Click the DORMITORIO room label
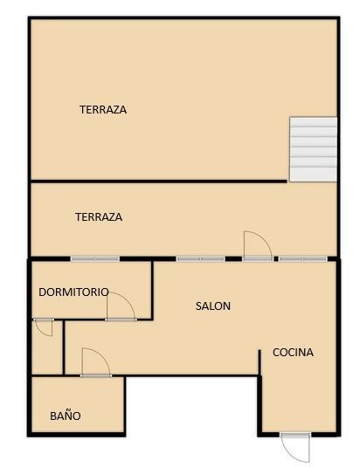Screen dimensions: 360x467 click(x=73, y=292)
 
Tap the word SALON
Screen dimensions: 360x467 click(x=213, y=306)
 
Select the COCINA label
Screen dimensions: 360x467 click(x=293, y=353)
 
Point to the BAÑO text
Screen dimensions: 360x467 click(x=66, y=415)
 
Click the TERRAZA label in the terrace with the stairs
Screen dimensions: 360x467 click(x=103, y=110)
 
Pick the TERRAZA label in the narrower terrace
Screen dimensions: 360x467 click(x=99, y=216)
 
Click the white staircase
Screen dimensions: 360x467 click(x=313, y=149)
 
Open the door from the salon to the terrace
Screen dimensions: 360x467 click(x=258, y=245)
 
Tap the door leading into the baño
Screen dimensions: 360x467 click(x=95, y=362)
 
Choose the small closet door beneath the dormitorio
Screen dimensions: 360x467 click(x=44, y=327)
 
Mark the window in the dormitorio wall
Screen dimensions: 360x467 click(x=95, y=259)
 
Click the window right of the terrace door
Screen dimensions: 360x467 click(x=303, y=259)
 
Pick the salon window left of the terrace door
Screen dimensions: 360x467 click(x=200, y=259)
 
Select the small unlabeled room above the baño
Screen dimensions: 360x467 click(x=47, y=347)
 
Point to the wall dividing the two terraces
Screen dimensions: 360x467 click(x=159, y=181)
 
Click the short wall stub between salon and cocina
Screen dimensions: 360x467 click(x=260, y=362)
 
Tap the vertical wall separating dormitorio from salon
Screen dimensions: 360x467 click(x=152, y=291)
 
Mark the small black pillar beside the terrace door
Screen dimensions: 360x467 click(x=276, y=259)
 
